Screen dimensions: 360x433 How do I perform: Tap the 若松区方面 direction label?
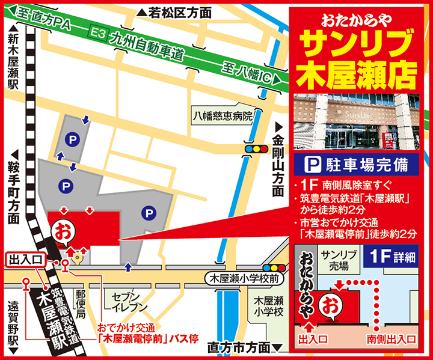point(175,12)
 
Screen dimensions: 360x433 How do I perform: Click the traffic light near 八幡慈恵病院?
point(255,148)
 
